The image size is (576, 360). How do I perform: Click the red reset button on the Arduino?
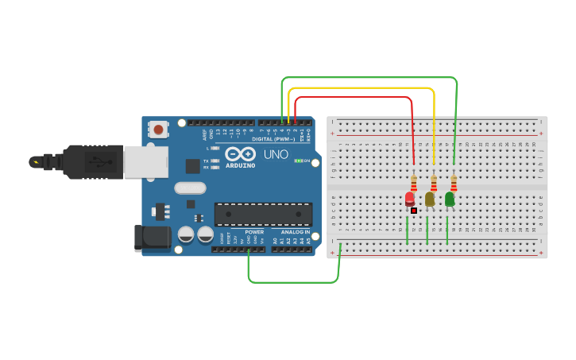coord(159,129)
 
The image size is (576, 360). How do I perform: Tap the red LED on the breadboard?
coord(410,198)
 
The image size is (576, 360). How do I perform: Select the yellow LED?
coord(430,199)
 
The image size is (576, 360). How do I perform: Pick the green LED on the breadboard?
coord(450,199)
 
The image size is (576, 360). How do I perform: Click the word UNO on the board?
coord(276,153)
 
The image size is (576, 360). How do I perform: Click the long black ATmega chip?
coord(263,214)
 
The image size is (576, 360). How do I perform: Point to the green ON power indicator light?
coord(297,161)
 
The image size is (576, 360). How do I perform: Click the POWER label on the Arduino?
coord(254,232)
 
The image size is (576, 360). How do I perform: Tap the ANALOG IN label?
coord(296,232)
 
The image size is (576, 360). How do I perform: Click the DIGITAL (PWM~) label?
coord(274,138)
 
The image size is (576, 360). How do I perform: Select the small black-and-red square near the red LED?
coord(414,210)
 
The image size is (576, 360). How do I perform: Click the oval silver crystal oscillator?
coord(191,188)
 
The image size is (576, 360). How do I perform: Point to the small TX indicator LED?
coord(215,161)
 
